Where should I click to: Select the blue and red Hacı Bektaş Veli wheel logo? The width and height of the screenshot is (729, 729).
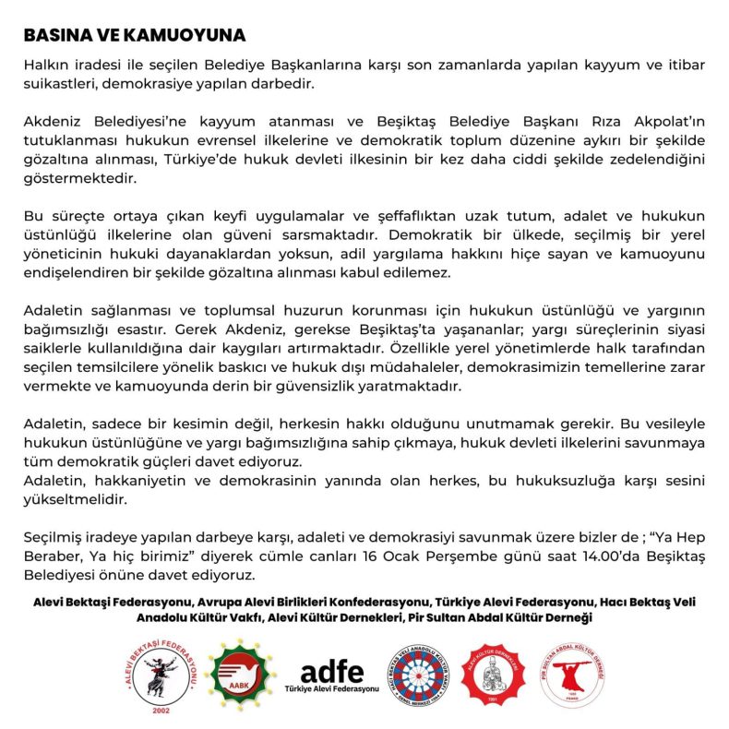point(422,675)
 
